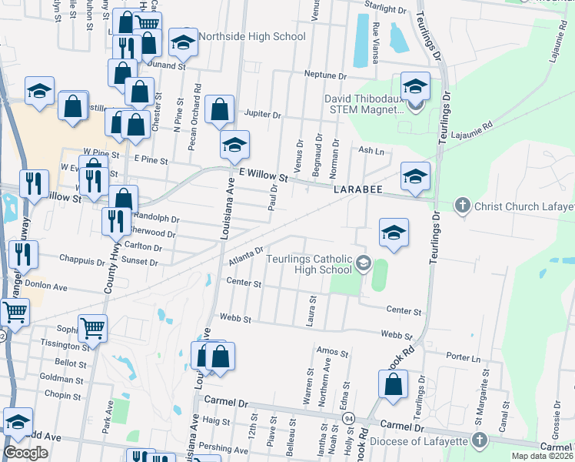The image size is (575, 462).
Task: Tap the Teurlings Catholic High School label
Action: pos(309,263)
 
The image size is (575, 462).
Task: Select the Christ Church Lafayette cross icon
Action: pos(461,206)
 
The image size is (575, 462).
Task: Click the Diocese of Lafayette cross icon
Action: pos(480,440)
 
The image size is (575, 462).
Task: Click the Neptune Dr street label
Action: pos(325,75)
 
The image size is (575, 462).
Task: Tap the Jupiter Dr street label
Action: pos(263,114)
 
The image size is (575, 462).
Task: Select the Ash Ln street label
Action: pos(371,150)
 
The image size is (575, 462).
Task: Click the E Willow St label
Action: pos(263,176)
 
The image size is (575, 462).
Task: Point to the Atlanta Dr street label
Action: pos(245,256)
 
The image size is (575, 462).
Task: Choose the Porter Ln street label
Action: pos(465,357)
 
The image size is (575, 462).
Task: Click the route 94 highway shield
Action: pos(348,418)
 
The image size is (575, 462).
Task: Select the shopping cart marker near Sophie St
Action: pos(93,327)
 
